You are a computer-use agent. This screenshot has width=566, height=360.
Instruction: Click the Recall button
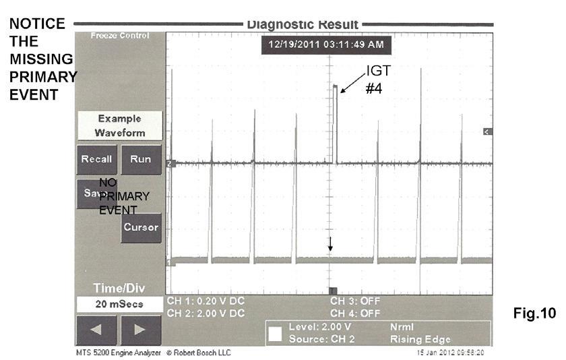96,160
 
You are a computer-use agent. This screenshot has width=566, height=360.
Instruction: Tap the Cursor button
141,227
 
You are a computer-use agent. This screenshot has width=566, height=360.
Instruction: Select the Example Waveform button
119,125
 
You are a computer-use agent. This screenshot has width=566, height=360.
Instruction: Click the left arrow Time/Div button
96,330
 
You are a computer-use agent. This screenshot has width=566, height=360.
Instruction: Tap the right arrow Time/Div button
139,330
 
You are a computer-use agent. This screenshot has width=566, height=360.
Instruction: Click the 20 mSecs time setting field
119,304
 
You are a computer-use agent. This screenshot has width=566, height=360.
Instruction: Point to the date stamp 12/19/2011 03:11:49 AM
326,45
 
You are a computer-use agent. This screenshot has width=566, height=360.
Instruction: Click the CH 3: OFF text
355,301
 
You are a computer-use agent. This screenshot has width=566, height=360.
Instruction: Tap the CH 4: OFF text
355,313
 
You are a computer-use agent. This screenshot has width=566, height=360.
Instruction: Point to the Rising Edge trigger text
420,339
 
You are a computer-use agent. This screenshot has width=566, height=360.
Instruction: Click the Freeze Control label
119,35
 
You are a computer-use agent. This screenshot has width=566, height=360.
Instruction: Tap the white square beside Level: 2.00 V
275,333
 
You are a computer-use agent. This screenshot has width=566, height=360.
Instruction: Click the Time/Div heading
119,288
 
